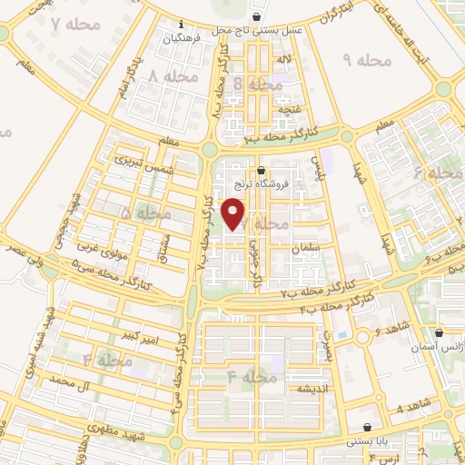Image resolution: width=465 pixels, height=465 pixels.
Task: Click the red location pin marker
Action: (x=234, y=213)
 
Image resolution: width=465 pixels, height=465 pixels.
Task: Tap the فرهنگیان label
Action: (x=181, y=38)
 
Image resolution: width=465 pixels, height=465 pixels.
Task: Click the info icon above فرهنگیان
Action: (x=182, y=23)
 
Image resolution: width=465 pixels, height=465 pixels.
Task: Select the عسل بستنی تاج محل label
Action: (x=258, y=31)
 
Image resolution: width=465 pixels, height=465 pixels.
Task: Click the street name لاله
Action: (x=283, y=60)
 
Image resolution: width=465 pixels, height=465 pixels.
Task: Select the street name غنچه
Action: (x=288, y=109)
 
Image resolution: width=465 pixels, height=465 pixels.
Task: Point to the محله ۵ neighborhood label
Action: (x=138, y=213)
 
